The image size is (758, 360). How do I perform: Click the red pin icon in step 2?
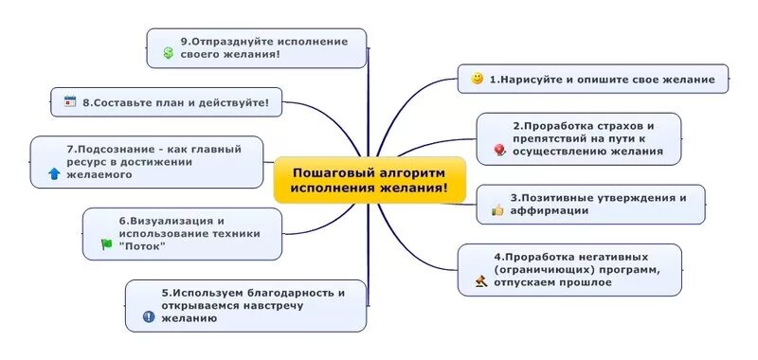499,150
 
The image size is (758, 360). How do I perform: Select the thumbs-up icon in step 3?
496,210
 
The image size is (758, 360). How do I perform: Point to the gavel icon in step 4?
480,281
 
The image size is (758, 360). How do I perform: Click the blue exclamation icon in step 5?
148,317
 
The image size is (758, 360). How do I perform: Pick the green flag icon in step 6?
106,245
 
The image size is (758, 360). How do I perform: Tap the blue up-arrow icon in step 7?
54,174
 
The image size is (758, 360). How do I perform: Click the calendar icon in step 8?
69,100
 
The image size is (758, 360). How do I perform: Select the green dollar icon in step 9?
168,54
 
